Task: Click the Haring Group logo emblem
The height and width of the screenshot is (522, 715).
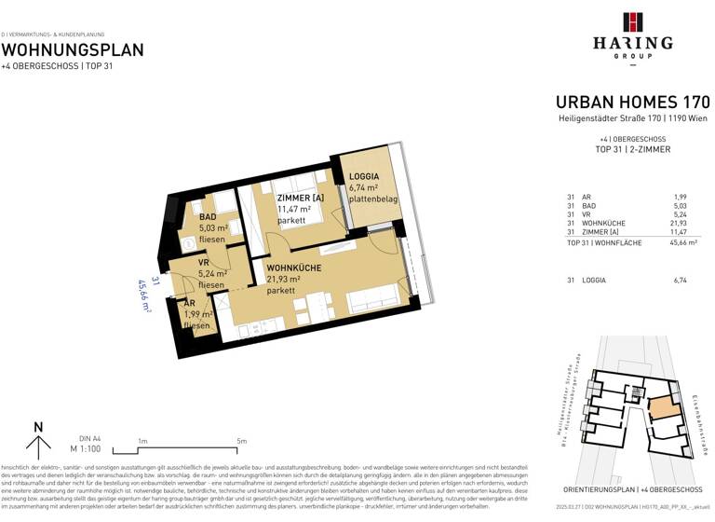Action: point(633,22)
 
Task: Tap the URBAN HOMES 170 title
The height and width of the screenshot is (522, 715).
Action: point(632,102)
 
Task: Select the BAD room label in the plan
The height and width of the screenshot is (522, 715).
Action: point(208,217)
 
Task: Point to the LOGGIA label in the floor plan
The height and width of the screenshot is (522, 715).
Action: point(363,176)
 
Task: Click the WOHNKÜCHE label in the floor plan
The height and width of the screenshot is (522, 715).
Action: point(295,267)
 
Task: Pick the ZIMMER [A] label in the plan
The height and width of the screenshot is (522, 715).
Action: point(300,198)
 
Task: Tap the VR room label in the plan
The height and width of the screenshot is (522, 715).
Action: point(203,263)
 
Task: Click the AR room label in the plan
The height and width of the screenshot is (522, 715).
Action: point(189,304)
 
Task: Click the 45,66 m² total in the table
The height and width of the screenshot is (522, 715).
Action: point(695,242)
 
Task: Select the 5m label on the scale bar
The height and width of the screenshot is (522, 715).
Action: point(241,441)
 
